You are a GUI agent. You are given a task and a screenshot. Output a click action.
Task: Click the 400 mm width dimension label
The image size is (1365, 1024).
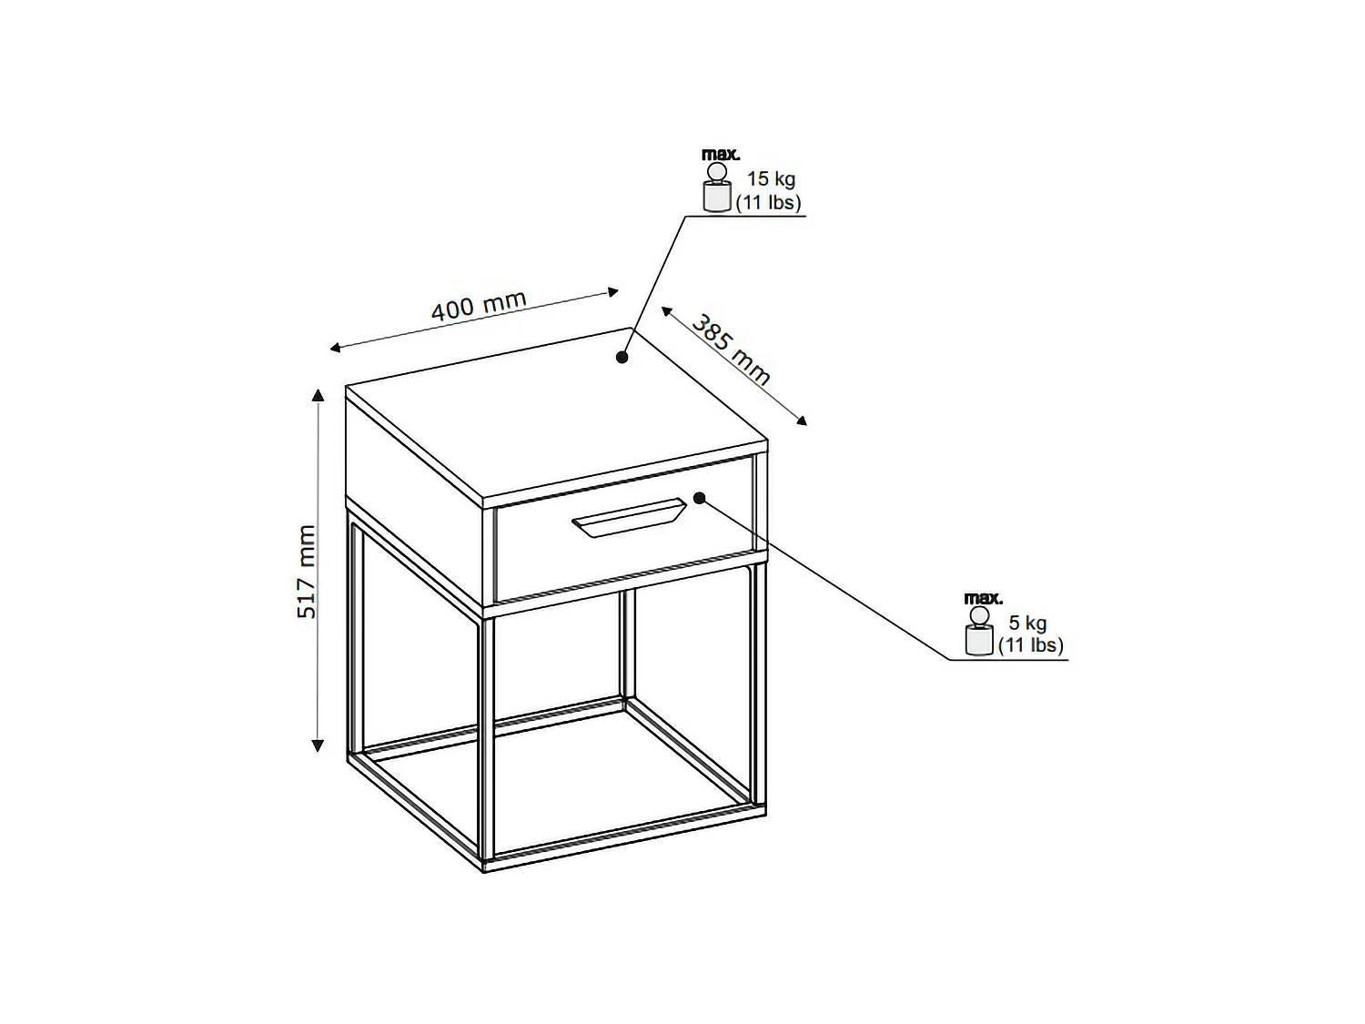[479, 305]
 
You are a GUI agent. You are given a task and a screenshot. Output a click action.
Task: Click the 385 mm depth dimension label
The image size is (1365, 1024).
[732, 350]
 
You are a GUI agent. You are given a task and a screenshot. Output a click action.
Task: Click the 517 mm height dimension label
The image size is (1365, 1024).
[307, 572]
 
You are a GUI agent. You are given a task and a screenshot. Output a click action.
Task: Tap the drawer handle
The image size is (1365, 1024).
[629, 517]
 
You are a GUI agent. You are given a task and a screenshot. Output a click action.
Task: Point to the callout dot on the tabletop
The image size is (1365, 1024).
[622, 358]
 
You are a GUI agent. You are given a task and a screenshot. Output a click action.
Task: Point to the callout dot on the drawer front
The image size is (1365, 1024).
[700, 498]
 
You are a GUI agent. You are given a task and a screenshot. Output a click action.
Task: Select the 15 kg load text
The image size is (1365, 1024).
[771, 179]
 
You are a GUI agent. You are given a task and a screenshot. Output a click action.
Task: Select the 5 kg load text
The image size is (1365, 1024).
[1027, 623]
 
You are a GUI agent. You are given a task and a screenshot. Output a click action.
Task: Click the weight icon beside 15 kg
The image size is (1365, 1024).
[716, 188]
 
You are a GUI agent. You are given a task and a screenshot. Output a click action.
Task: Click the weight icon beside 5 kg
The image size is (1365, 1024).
[979, 631]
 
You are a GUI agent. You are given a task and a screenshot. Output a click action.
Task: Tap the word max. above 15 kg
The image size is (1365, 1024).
[721, 154]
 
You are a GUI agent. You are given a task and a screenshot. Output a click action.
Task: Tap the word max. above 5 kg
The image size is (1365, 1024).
[983, 598]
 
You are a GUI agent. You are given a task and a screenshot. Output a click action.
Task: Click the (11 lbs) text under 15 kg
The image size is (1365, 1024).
[769, 203]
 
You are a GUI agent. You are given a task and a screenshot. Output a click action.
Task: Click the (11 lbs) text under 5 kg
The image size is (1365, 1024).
[1031, 645]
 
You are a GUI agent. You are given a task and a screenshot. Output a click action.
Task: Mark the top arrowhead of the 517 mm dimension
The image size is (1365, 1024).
[318, 395]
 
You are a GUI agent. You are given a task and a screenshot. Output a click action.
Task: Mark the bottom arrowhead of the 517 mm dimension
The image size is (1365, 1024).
[318, 746]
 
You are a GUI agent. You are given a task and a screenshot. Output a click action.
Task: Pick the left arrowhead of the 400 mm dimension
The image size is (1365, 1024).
[335, 348]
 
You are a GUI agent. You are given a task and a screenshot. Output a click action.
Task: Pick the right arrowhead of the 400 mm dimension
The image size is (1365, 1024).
[613, 291]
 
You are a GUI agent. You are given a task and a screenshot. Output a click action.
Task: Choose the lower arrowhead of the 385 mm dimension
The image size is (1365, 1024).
[802, 421]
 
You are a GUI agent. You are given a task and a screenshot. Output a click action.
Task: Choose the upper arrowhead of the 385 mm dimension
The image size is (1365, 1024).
[666, 311]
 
